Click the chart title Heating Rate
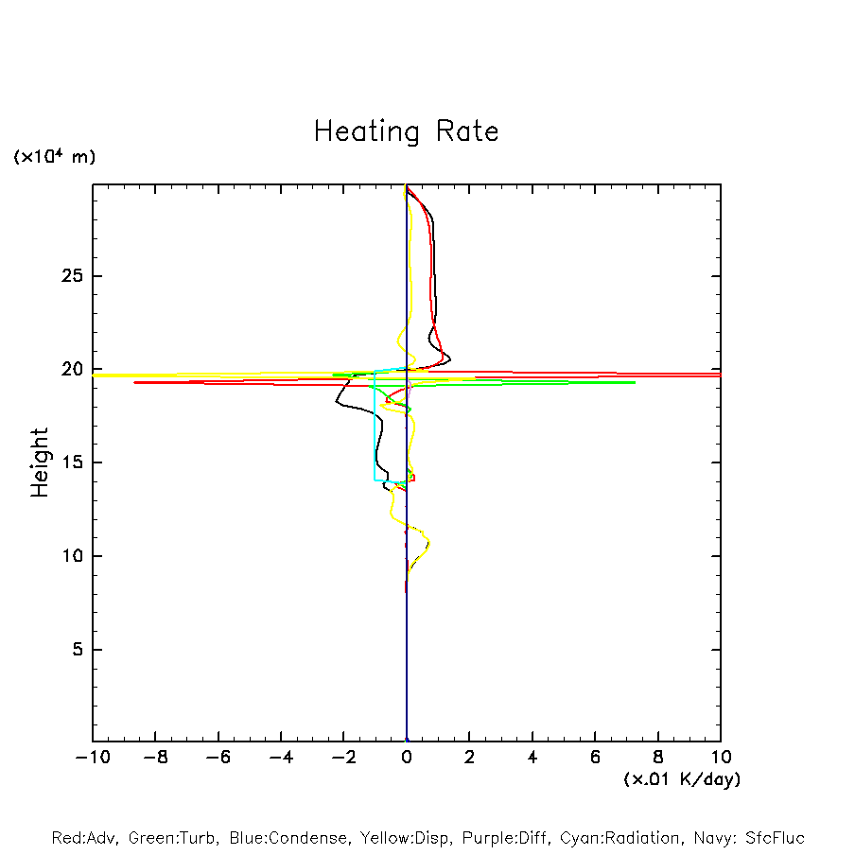click(x=407, y=131)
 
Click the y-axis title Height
click(x=40, y=462)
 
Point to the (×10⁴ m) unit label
click(x=54, y=157)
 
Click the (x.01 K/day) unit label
click(x=682, y=779)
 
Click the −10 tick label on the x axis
click(x=92, y=758)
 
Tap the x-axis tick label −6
click(x=218, y=758)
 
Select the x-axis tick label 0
click(x=407, y=758)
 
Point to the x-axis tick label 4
click(x=532, y=758)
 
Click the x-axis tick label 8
click(x=658, y=758)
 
